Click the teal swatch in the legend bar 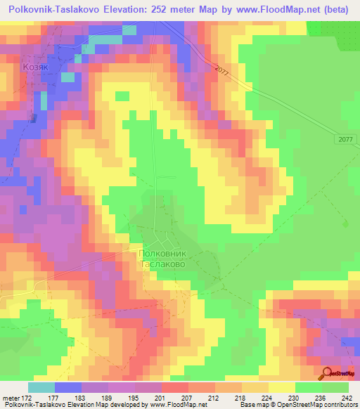click(x=41, y=387)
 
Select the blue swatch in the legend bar click(x=68, y=387)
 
